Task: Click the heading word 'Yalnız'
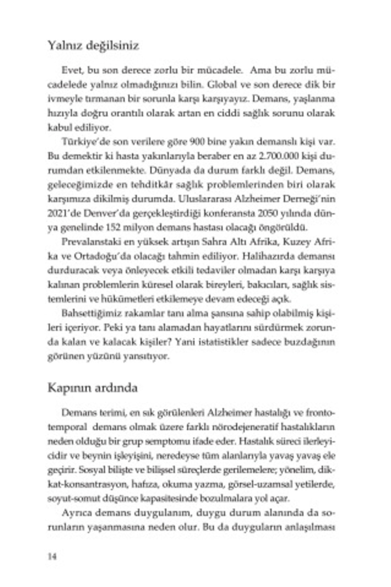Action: (x=65, y=46)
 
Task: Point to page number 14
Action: (x=52, y=556)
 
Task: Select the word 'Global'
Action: (x=222, y=85)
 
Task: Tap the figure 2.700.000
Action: (x=279, y=156)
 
